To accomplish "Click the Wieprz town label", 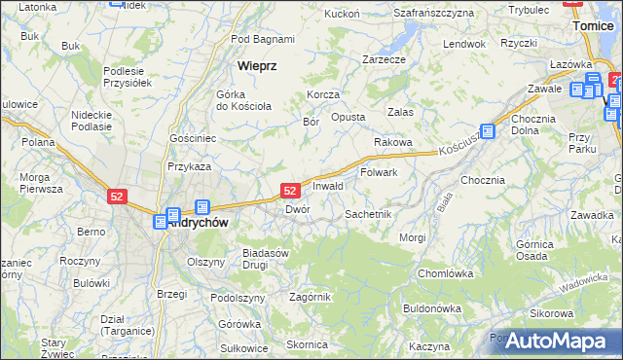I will coord(257,66).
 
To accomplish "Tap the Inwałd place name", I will coord(327,186).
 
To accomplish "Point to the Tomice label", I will coord(594,26).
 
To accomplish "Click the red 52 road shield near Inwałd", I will coord(290,191).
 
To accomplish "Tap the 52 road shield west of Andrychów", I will coord(117,196).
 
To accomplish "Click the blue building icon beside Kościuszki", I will coord(489,130).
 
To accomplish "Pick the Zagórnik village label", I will coord(310,297).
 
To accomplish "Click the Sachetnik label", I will coord(368,213).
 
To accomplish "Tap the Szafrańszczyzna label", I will coord(433,14).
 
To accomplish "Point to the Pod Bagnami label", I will coord(263,39).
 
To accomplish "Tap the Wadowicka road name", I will coord(584,279).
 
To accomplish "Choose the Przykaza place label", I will coord(189,166).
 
